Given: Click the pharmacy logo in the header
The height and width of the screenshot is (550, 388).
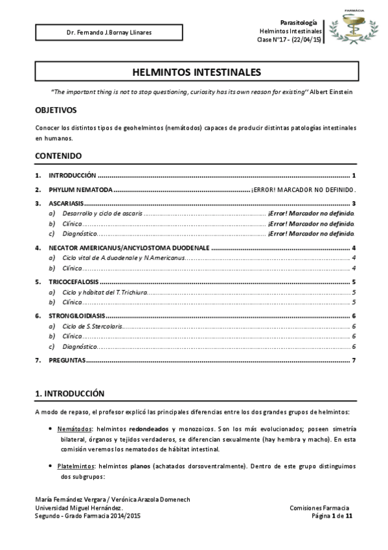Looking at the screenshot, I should (x=354, y=27).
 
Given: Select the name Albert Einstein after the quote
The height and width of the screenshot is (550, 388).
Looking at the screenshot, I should (x=332, y=92).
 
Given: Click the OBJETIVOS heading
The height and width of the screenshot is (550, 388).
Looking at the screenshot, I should (x=56, y=111).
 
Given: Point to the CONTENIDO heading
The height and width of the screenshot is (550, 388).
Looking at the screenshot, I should (x=58, y=156).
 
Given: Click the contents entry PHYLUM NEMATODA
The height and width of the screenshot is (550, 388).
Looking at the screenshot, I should (x=80, y=190).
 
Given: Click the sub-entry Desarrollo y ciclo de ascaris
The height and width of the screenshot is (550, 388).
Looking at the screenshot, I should (x=102, y=213).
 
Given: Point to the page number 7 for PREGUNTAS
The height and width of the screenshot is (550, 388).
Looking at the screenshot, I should (x=354, y=360).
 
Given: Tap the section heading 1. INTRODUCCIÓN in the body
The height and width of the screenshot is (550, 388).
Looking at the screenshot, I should (x=69, y=393).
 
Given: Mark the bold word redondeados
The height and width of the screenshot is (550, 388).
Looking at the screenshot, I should (x=149, y=429).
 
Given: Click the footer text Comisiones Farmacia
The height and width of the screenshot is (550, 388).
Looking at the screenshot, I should (x=320, y=508).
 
